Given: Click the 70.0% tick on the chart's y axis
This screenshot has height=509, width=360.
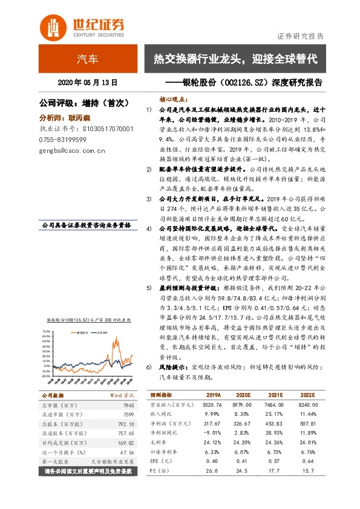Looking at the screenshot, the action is (x=45, y=331).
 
